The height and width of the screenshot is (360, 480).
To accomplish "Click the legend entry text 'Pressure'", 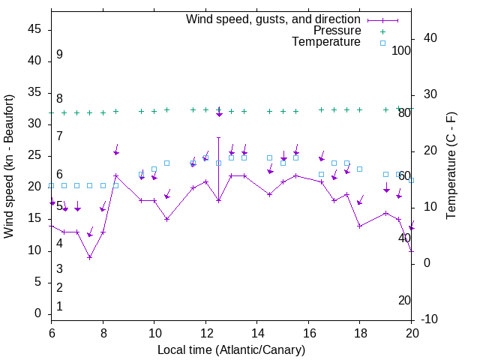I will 337,31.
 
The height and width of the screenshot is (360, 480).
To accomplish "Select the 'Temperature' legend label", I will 326,42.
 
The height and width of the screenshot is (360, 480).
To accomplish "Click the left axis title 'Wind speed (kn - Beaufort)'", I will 9,166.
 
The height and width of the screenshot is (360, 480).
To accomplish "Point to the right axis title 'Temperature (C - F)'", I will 451,166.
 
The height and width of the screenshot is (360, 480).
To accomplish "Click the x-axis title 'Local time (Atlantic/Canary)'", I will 231,349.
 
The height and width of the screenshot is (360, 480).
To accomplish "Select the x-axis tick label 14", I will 257,332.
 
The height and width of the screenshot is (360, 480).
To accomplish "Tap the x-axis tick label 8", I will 103,332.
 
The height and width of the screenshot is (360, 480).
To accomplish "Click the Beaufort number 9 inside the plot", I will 59,55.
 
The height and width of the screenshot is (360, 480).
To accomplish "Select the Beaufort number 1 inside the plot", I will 59,306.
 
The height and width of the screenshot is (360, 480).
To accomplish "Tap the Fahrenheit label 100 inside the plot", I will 401,50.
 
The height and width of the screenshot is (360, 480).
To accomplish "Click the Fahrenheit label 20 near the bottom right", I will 404,300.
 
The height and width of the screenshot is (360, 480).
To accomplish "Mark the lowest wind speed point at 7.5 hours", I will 90,257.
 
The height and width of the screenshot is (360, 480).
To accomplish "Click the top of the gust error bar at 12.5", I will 218,137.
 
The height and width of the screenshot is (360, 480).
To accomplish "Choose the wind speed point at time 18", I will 360,226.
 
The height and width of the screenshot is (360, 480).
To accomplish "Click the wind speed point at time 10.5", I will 167,219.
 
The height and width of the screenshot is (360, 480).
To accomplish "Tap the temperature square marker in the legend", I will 382,43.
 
